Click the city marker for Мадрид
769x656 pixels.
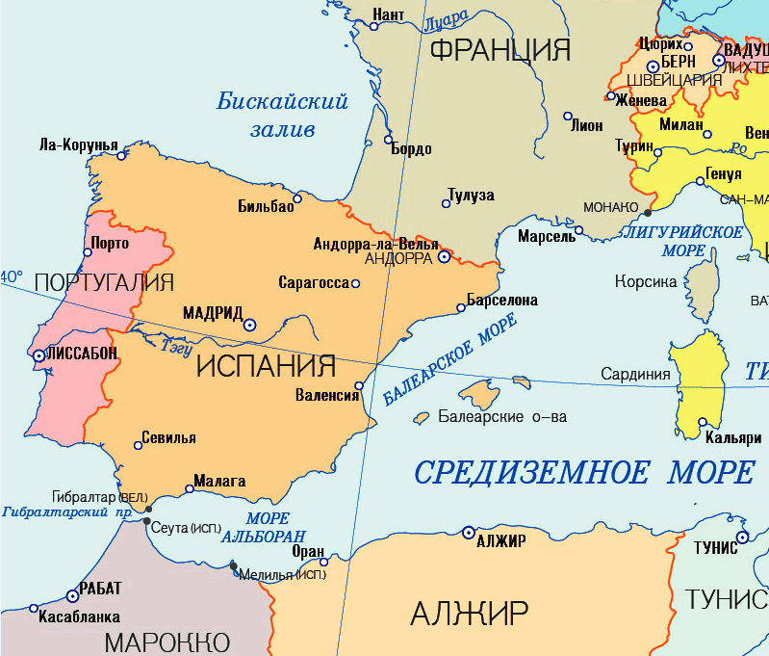[249, 326]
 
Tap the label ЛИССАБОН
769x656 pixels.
[82, 354]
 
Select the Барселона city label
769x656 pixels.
[501, 301]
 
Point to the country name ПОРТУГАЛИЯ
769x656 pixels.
[104, 282]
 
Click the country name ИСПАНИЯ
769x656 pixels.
[266, 366]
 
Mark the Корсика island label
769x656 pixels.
[647, 281]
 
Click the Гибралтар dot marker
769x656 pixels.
[147, 508]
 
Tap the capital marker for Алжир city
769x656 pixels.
[468, 532]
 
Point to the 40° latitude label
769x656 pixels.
[12, 276]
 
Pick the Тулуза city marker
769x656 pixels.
[446, 203]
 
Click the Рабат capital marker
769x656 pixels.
[72, 596]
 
